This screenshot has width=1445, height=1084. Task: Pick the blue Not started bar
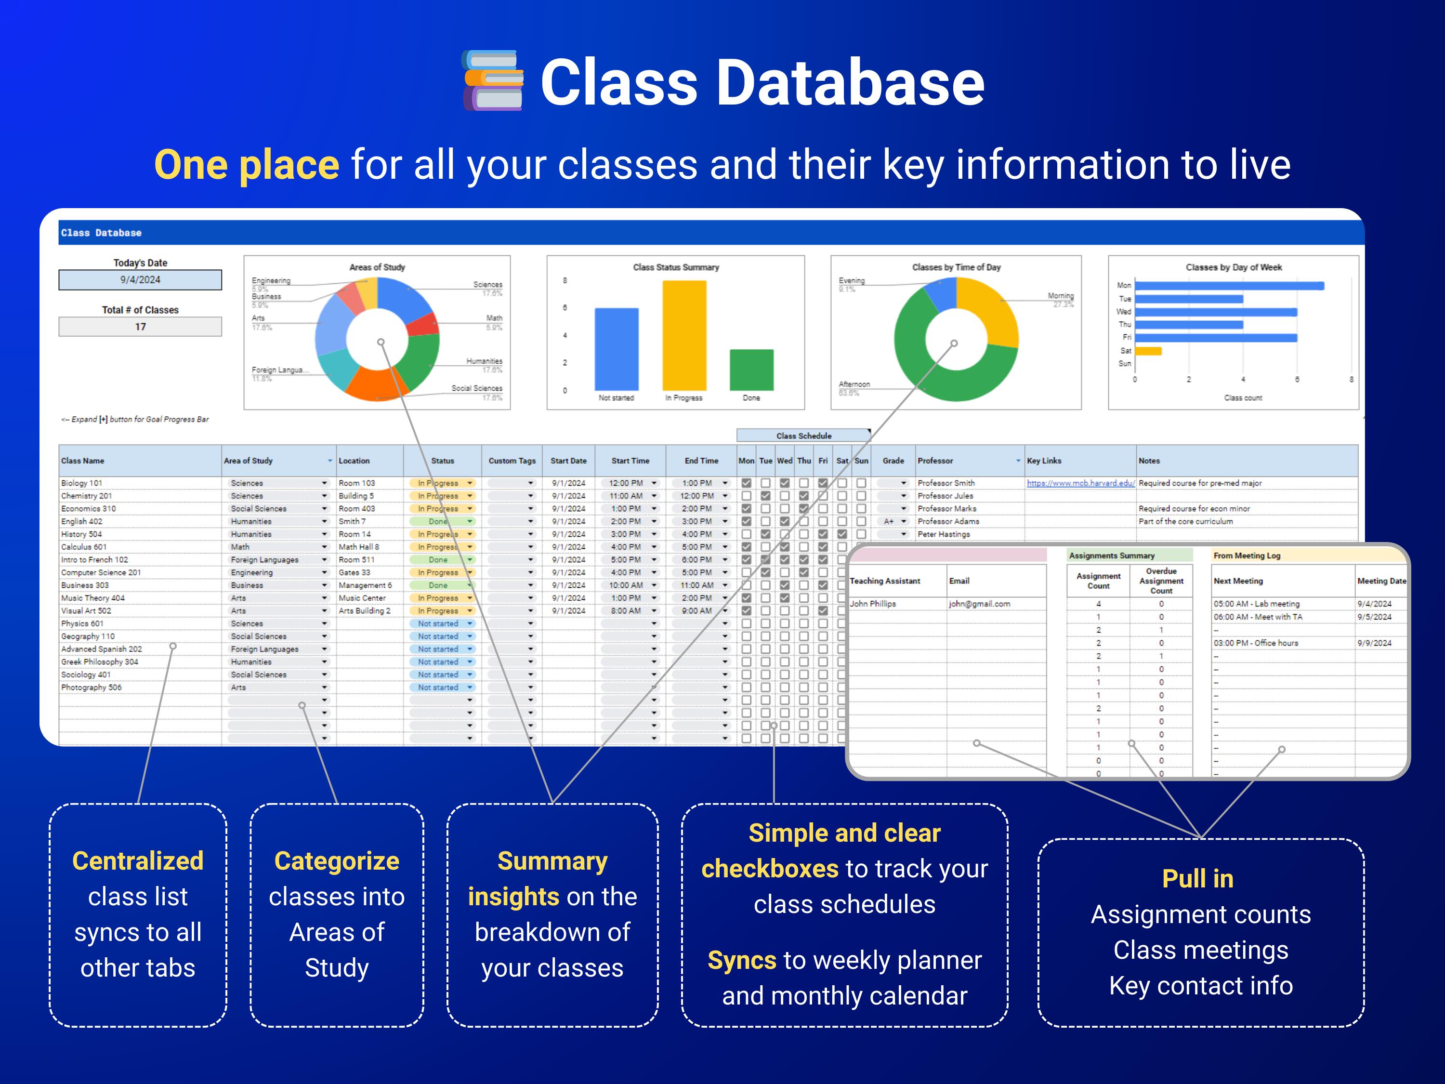pos(616,348)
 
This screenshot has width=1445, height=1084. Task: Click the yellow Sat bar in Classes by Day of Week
pos(1148,351)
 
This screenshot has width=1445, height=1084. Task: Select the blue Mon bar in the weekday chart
pos(1228,286)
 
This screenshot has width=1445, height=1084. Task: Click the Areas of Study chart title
pos(377,267)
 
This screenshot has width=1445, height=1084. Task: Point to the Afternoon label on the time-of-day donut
pos(854,384)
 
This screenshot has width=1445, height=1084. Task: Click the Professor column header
pos(935,461)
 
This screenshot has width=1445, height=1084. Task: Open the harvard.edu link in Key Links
pos(1080,483)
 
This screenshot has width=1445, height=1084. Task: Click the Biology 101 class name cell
pos(82,483)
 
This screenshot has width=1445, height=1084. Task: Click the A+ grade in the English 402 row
pos(888,521)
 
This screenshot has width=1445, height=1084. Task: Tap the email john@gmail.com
pos(979,604)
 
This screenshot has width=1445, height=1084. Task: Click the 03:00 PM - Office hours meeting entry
pos(1256,643)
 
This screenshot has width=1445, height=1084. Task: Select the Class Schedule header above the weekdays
pos(803,436)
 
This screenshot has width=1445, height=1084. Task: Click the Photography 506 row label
pos(92,687)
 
